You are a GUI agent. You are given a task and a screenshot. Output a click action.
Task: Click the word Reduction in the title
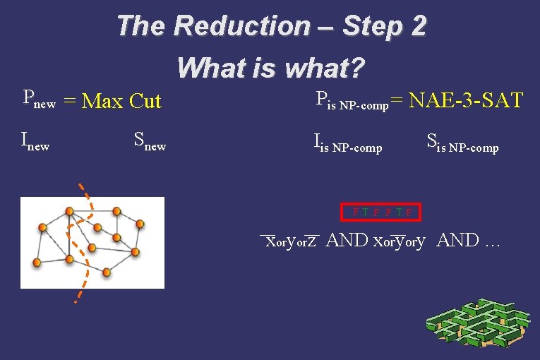(241, 26)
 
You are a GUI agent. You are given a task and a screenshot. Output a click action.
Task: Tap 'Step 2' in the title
(384, 26)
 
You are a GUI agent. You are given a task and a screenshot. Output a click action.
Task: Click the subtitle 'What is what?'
(271, 68)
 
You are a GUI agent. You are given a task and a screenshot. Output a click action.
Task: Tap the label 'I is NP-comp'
(347, 144)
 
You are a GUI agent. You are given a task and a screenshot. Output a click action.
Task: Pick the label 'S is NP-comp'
(462, 144)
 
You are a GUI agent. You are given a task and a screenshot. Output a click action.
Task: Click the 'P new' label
(39, 100)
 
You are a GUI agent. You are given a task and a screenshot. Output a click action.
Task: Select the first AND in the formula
(347, 241)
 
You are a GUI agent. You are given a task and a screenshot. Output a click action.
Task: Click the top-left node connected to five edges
(69, 211)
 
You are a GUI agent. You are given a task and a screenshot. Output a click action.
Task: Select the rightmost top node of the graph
(140, 224)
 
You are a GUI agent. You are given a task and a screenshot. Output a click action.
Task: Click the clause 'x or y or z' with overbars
(290, 241)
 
